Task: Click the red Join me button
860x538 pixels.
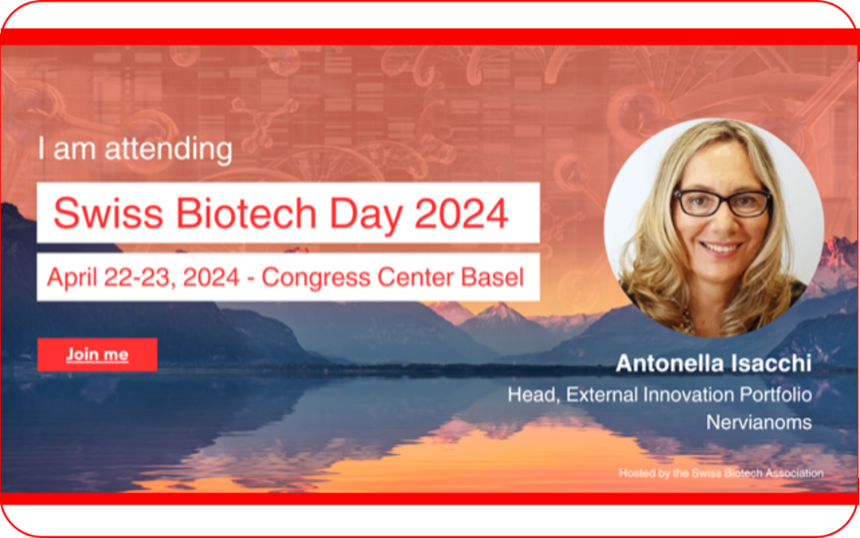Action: [97, 355]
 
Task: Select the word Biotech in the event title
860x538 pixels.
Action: [246, 213]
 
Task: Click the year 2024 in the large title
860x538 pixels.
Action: [461, 213]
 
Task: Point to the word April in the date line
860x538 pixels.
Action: [72, 278]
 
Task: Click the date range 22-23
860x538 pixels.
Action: [140, 277]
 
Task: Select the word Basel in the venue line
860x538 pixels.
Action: [493, 277]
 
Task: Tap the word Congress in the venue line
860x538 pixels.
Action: [317, 278]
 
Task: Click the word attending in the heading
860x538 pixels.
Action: [168, 149]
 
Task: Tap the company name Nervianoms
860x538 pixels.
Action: [759, 422]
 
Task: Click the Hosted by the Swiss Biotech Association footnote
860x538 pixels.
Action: [721, 473]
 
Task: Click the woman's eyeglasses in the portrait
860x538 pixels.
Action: [723, 202]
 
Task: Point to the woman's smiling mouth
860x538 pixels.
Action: [721, 249]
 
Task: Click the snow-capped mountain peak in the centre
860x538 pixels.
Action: [499, 313]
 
